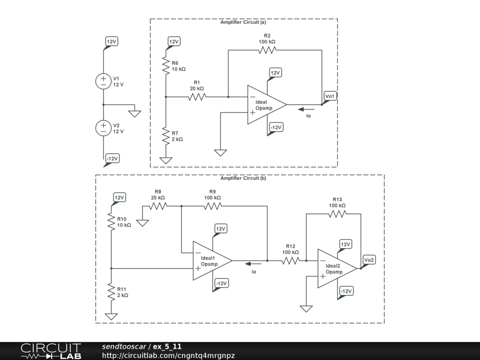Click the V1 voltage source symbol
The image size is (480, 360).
pyautogui.click(x=104, y=81)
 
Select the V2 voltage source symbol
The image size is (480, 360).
pyautogui.click(x=104, y=128)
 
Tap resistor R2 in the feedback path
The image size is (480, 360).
pyautogui.click(x=267, y=50)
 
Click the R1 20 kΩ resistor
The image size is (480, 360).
pyautogui.click(x=197, y=97)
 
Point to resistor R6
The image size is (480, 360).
pyautogui.click(x=166, y=66)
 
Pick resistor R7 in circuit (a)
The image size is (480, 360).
pyautogui.click(x=166, y=136)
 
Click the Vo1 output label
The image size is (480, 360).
pyautogui.click(x=330, y=97)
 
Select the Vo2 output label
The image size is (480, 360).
pyautogui.click(x=369, y=260)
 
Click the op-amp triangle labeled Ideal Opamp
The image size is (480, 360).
pyautogui.click(x=265, y=105)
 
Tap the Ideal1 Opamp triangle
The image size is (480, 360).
pyautogui.click(x=210, y=261)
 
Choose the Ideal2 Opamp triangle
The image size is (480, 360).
pyautogui.click(x=336, y=269)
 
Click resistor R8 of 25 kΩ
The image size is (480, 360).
pyautogui.click(x=158, y=206)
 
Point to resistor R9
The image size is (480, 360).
pyautogui.click(x=212, y=206)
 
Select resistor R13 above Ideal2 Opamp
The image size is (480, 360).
pyautogui.click(x=337, y=214)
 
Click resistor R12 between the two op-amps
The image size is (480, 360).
pyautogui.click(x=290, y=261)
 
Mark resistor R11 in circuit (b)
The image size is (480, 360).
pyautogui.click(x=112, y=292)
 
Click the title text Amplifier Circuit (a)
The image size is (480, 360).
pyautogui.click(x=243, y=22)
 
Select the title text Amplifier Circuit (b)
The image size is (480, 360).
pyautogui.click(x=243, y=178)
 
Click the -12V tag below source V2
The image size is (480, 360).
pyautogui.click(x=112, y=158)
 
